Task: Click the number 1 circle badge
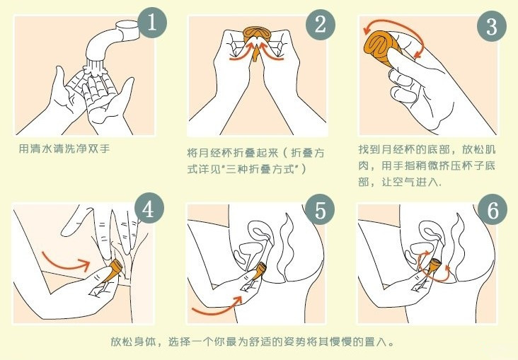pyautogui.click(x=152, y=23)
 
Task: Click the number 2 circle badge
pyautogui.click(x=321, y=25)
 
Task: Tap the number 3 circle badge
pyautogui.click(x=492, y=26)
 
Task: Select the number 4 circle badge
pyautogui.click(x=149, y=209)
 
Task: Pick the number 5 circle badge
pyautogui.click(x=320, y=210)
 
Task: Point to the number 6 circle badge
pyautogui.click(x=493, y=210)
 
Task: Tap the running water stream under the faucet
pyautogui.click(x=96, y=68)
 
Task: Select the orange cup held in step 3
pyautogui.click(x=384, y=46)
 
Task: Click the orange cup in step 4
pyautogui.click(x=113, y=270)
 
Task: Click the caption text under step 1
pyautogui.click(x=64, y=149)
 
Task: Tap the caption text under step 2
pyautogui.click(x=255, y=161)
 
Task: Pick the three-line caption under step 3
pyautogui.click(x=427, y=165)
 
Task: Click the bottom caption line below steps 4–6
pyautogui.click(x=253, y=341)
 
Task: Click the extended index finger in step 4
pyautogui.click(x=76, y=220)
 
